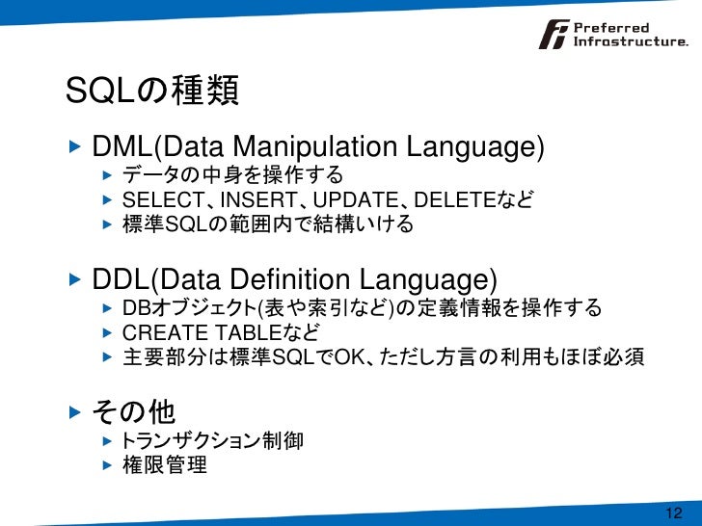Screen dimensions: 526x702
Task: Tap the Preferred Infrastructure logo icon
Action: [554, 35]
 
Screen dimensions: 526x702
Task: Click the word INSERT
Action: [254, 200]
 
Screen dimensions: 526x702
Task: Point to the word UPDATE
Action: [355, 200]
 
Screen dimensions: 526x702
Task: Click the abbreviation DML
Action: [122, 148]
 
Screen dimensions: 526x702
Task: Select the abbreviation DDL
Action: [122, 281]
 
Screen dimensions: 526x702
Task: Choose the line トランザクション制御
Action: [212, 441]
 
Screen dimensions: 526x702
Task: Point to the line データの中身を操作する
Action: [232, 175]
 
